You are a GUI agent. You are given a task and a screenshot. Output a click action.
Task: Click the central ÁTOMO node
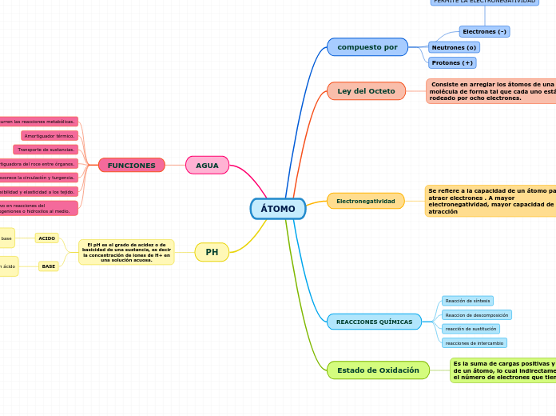[x=278, y=209]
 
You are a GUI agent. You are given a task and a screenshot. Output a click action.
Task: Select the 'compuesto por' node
[x=367, y=47]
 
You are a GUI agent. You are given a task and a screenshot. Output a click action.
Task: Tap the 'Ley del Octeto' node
[x=366, y=91]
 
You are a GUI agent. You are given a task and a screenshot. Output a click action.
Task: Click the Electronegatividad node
[x=365, y=201]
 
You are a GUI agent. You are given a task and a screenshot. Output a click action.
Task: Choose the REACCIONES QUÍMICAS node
[x=374, y=322]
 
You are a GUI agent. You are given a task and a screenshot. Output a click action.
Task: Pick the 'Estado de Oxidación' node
[x=378, y=370]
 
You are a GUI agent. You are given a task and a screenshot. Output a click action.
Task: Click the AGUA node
[x=207, y=166]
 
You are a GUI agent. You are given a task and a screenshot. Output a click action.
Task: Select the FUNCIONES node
[x=132, y=166]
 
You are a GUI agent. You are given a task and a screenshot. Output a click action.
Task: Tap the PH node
[x=212, y=252]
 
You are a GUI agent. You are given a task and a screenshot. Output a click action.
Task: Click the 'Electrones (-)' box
[x=484, y=32]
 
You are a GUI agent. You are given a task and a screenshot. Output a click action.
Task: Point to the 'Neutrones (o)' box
[x=454, y=47]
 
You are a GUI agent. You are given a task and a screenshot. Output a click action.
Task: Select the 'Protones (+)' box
[x=452, y=62]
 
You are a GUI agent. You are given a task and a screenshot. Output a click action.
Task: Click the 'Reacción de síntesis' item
[x=467, y=301]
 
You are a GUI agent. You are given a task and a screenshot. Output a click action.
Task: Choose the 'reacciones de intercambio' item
[x=475, y=343]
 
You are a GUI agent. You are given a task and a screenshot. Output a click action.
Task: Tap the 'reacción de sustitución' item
[x=471, y=329]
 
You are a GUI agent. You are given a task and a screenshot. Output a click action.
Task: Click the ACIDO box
[x=47, y=238]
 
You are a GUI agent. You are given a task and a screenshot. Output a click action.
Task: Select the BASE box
[x=49, y=266]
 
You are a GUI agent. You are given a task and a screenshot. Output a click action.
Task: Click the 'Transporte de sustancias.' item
[x=46, y=150]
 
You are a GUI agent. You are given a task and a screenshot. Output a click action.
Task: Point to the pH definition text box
[x=126, y=252]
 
